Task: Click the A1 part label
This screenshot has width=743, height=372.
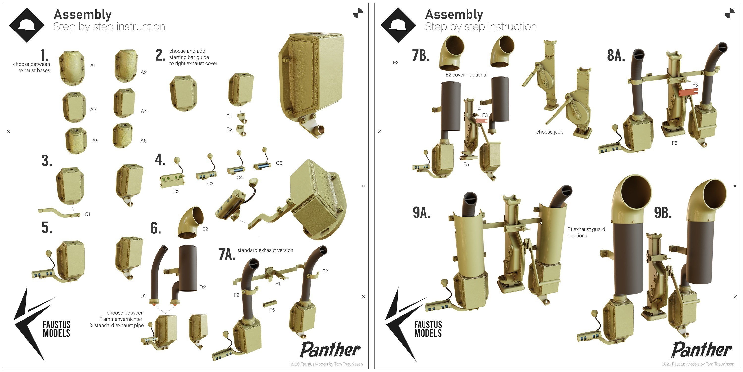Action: pos(93,65)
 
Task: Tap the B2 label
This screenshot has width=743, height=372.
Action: pos(229,130)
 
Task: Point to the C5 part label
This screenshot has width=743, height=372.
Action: pos(279,163)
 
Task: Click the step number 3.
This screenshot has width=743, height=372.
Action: pos(47,161)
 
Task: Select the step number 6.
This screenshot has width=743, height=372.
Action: pos(156,228)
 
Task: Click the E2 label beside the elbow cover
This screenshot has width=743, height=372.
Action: pos(205,229)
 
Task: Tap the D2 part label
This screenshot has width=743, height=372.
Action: pos(203,287)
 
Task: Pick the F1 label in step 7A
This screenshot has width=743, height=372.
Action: pos(277,284)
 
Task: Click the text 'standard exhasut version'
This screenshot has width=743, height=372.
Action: pos(265,250)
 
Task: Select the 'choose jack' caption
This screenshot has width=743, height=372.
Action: pos(550,132)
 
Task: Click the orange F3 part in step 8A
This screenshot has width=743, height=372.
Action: pos(688,93)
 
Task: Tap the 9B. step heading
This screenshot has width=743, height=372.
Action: pos(663,213)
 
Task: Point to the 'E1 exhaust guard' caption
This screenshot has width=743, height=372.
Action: pos(586,229)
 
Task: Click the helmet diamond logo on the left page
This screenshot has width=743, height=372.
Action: pos(27,25)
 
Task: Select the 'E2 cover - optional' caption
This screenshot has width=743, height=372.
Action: pos(466,75)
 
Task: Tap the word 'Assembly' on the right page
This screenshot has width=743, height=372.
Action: pos(454,14)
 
